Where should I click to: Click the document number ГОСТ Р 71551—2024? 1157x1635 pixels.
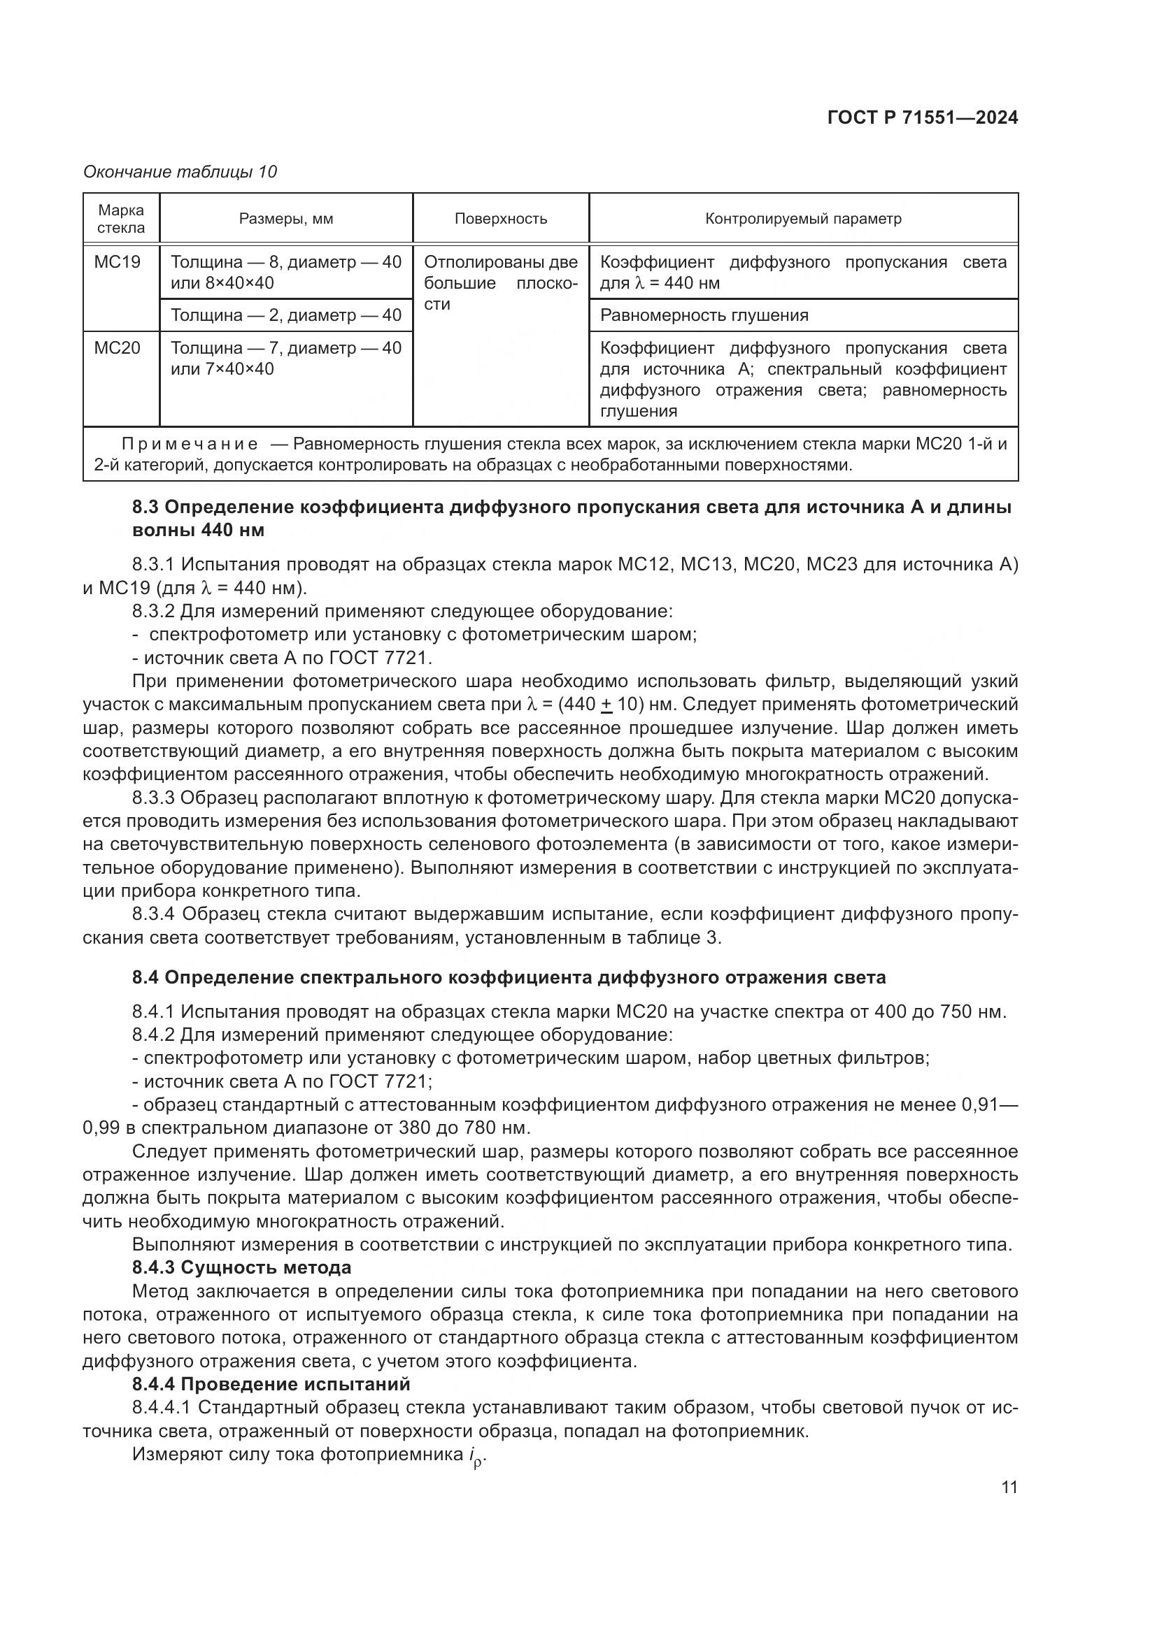point(923,118)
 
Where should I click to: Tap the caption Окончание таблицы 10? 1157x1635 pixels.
point(180,172)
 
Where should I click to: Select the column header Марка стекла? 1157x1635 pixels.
point(121,219)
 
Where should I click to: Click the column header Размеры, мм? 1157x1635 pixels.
point(285,219)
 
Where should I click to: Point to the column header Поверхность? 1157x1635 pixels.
point(501,219)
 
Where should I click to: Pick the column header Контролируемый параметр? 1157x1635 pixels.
point(803,219)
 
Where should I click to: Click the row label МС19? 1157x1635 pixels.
point(117,262)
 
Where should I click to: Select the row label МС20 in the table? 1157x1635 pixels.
point(117,348)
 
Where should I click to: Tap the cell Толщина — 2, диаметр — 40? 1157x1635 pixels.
point(285,315)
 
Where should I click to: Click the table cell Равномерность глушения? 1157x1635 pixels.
point(704,315)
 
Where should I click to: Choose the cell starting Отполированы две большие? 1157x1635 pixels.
point(501,282)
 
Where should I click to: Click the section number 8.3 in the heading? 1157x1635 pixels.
point(146,507)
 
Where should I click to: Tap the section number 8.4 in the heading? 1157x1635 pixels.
point(146,978)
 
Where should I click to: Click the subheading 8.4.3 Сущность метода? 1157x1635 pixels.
point(241,1267)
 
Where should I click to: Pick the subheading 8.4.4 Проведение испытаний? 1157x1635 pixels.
point(271,1384)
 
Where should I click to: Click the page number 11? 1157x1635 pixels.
point(1009,1488)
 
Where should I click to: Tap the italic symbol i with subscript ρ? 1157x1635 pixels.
point(476,1455)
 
